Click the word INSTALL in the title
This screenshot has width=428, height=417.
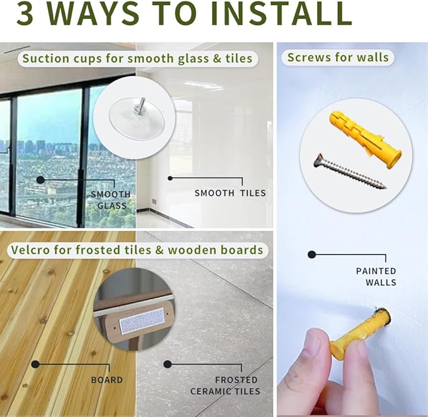point(281,13)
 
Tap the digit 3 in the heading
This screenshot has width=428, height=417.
point(25,13)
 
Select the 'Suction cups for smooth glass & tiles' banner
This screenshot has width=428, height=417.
point(137,59)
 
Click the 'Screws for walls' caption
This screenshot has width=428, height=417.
point(338,57)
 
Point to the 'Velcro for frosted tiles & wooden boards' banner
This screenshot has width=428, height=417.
point(137,250)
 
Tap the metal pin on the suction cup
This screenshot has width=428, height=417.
point(142,103)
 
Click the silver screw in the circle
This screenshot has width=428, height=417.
point(350,172)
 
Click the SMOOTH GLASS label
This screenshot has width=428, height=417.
point(111,200)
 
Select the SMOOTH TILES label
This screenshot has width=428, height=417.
point(230,193)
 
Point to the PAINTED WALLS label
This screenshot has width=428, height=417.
point(376,276)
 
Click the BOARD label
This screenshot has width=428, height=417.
point(107,380)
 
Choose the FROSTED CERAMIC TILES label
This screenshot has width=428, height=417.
point(225,385)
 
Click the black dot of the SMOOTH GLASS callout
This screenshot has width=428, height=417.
point(40,180)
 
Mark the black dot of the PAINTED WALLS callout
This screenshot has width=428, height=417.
point(312,255)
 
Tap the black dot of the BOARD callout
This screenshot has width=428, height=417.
point(35,364)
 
